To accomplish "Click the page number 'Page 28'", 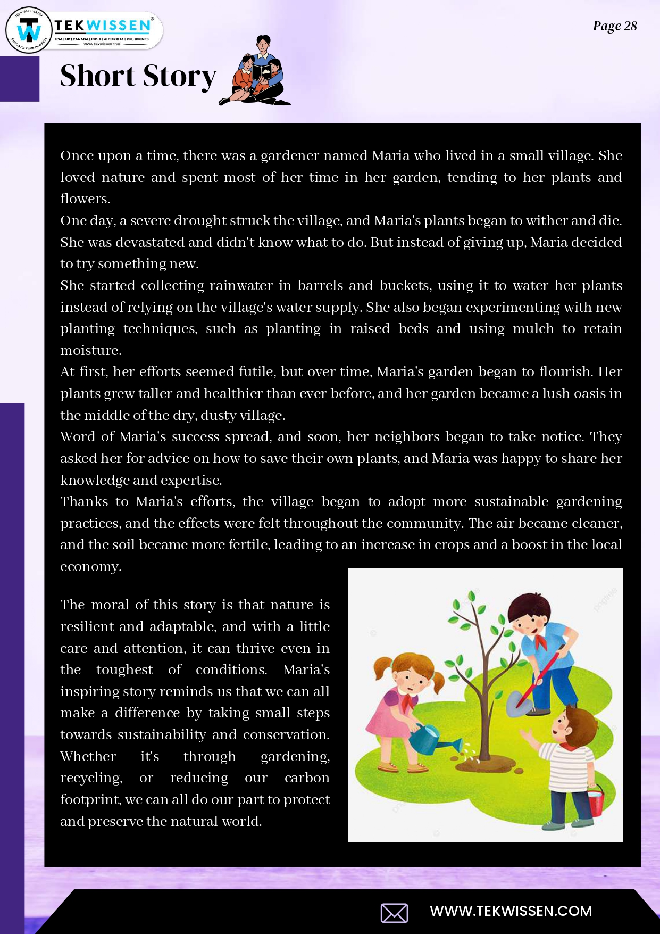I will coord(615,26).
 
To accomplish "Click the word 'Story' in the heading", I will coord(180,76).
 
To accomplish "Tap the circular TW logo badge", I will coord(29,31).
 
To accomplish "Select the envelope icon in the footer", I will coord(394,913).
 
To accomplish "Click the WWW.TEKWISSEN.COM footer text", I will coord(511,911).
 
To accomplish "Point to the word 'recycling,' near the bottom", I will coord(91,778).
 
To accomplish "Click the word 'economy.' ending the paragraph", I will coord(91,567).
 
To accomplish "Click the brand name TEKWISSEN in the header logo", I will coord(103,26).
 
